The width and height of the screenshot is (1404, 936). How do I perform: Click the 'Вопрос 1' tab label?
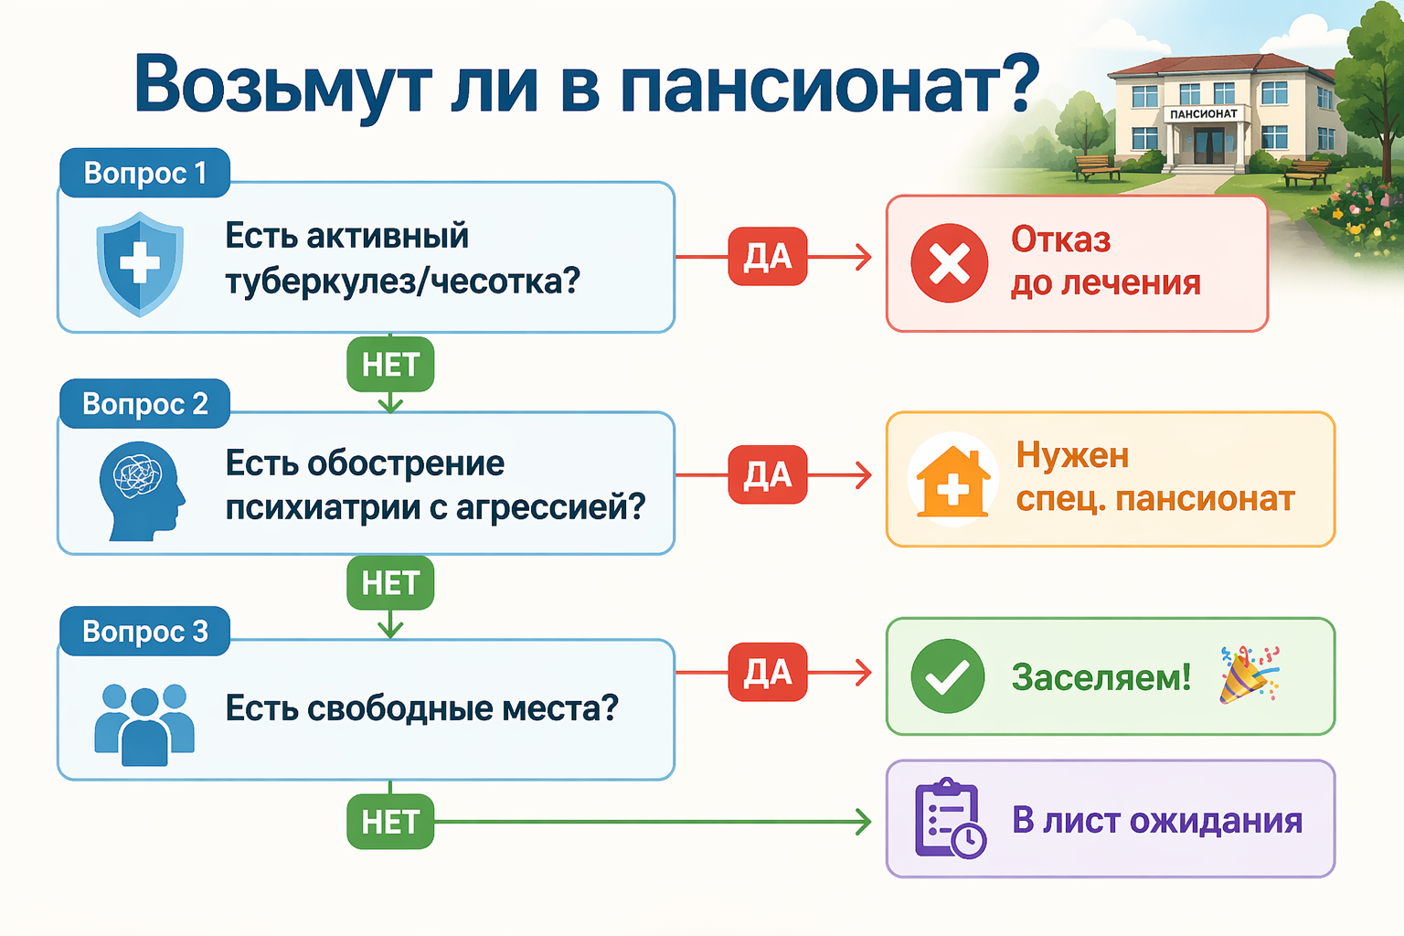[144, 173]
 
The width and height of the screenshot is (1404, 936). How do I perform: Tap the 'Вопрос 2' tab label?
[144, 403]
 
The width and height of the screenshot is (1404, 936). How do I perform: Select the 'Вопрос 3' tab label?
[144, 631]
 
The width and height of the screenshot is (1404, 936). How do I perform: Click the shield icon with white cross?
[140, 263]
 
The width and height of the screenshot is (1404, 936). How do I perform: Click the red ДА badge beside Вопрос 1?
[767, 257]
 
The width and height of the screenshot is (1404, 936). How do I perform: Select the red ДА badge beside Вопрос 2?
[767, 474]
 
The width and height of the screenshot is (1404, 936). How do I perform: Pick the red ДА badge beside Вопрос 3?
[767, 673]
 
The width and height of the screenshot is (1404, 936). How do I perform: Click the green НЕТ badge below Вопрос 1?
[390, 365]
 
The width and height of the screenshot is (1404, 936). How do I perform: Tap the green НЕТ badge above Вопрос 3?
[390, 582]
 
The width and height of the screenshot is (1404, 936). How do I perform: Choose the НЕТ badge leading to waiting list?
[390, 822]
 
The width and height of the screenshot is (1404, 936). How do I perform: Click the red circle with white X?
[950, 263]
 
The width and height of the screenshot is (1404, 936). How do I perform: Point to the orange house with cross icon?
[952, 481]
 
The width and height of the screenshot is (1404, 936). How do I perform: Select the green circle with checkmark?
[948, 676]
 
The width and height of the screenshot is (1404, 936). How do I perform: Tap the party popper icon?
[1249, 675]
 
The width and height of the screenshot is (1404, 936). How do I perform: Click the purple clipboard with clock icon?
[950, 818]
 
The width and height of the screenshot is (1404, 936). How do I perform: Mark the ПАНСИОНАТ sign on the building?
[1203, 114]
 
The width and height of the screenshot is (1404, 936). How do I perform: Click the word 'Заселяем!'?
[1101, 677]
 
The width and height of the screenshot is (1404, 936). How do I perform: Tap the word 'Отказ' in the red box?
[1060, 239]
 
